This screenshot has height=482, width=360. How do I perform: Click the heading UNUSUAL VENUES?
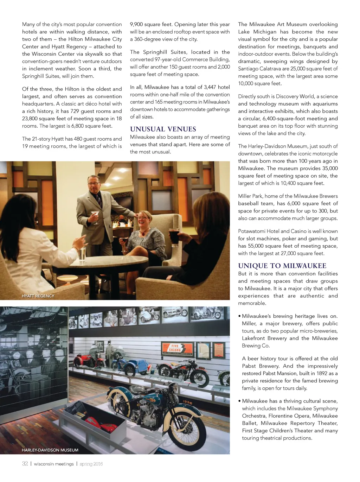click(163, 129)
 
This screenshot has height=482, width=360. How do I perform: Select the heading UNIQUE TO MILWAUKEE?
click(282, 266)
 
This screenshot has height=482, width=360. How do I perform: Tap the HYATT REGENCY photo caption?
click(38, 296)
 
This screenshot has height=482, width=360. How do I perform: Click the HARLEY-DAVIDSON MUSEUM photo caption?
click(50, 450)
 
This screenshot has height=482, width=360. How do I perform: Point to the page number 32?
click(25, 464)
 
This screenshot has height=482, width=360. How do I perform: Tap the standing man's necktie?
click(99, 200)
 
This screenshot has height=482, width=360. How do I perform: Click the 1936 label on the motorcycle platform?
click(187, 402)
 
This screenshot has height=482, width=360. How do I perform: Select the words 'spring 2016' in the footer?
click(91, 464)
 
